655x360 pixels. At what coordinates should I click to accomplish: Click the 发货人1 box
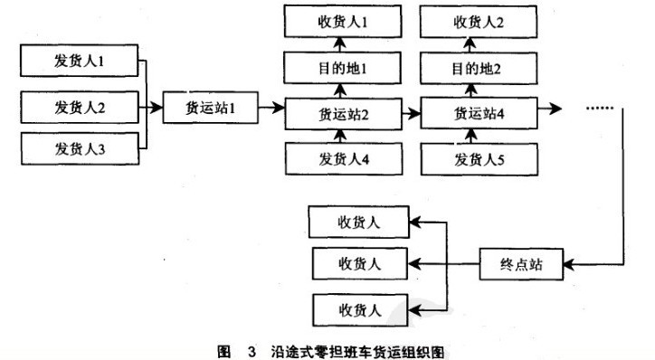tap(80, 63)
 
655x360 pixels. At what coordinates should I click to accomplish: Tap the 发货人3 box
tap(80, 148)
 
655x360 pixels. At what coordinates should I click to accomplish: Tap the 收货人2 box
tap(476, 20)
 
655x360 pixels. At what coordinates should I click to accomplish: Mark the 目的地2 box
tap(476, 68)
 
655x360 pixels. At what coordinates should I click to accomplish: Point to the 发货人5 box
tap(476, 160)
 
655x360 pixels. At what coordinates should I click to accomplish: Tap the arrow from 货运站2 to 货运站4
tap(408, 114)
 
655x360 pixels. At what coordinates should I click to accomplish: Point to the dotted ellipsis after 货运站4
tap(600, 109)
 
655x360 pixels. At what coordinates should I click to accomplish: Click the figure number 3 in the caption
tap(239, 347)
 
